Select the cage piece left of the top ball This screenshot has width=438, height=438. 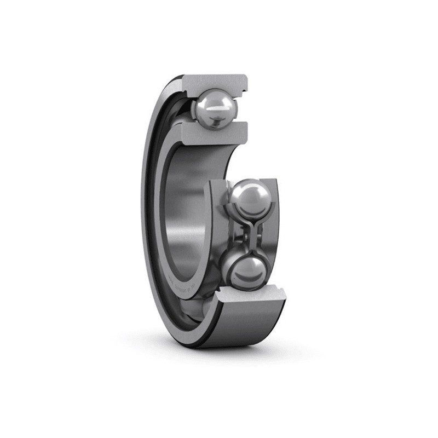pyautogui.click(x=192, y=109)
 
